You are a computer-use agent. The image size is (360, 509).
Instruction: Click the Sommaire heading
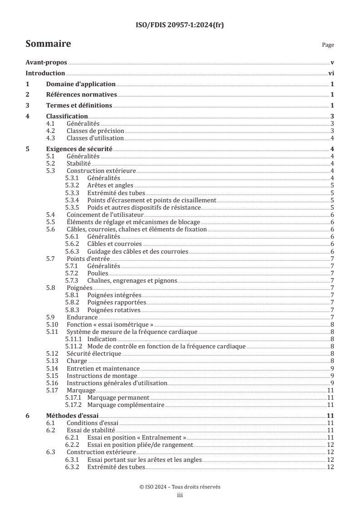tap(48, 44)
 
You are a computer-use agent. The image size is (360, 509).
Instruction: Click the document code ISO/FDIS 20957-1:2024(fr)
tap(180, 25)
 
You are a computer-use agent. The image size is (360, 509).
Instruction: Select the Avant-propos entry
tap(46, 63)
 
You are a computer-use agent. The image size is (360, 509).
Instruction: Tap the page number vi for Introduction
tap(331, 73)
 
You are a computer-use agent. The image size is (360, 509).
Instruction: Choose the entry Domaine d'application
tap(81, 84)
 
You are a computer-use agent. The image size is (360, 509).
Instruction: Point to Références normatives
tap(82, 95)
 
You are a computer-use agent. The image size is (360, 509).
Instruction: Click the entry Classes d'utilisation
tap(95, 138)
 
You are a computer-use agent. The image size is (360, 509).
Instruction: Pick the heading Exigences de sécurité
tap(79, 149)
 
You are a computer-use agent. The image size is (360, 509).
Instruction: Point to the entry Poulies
tap(97, 273)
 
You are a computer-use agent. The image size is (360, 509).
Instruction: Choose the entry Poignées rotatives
tap(113, 310)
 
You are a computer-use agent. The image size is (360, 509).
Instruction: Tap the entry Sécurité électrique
tap(94, 353)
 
